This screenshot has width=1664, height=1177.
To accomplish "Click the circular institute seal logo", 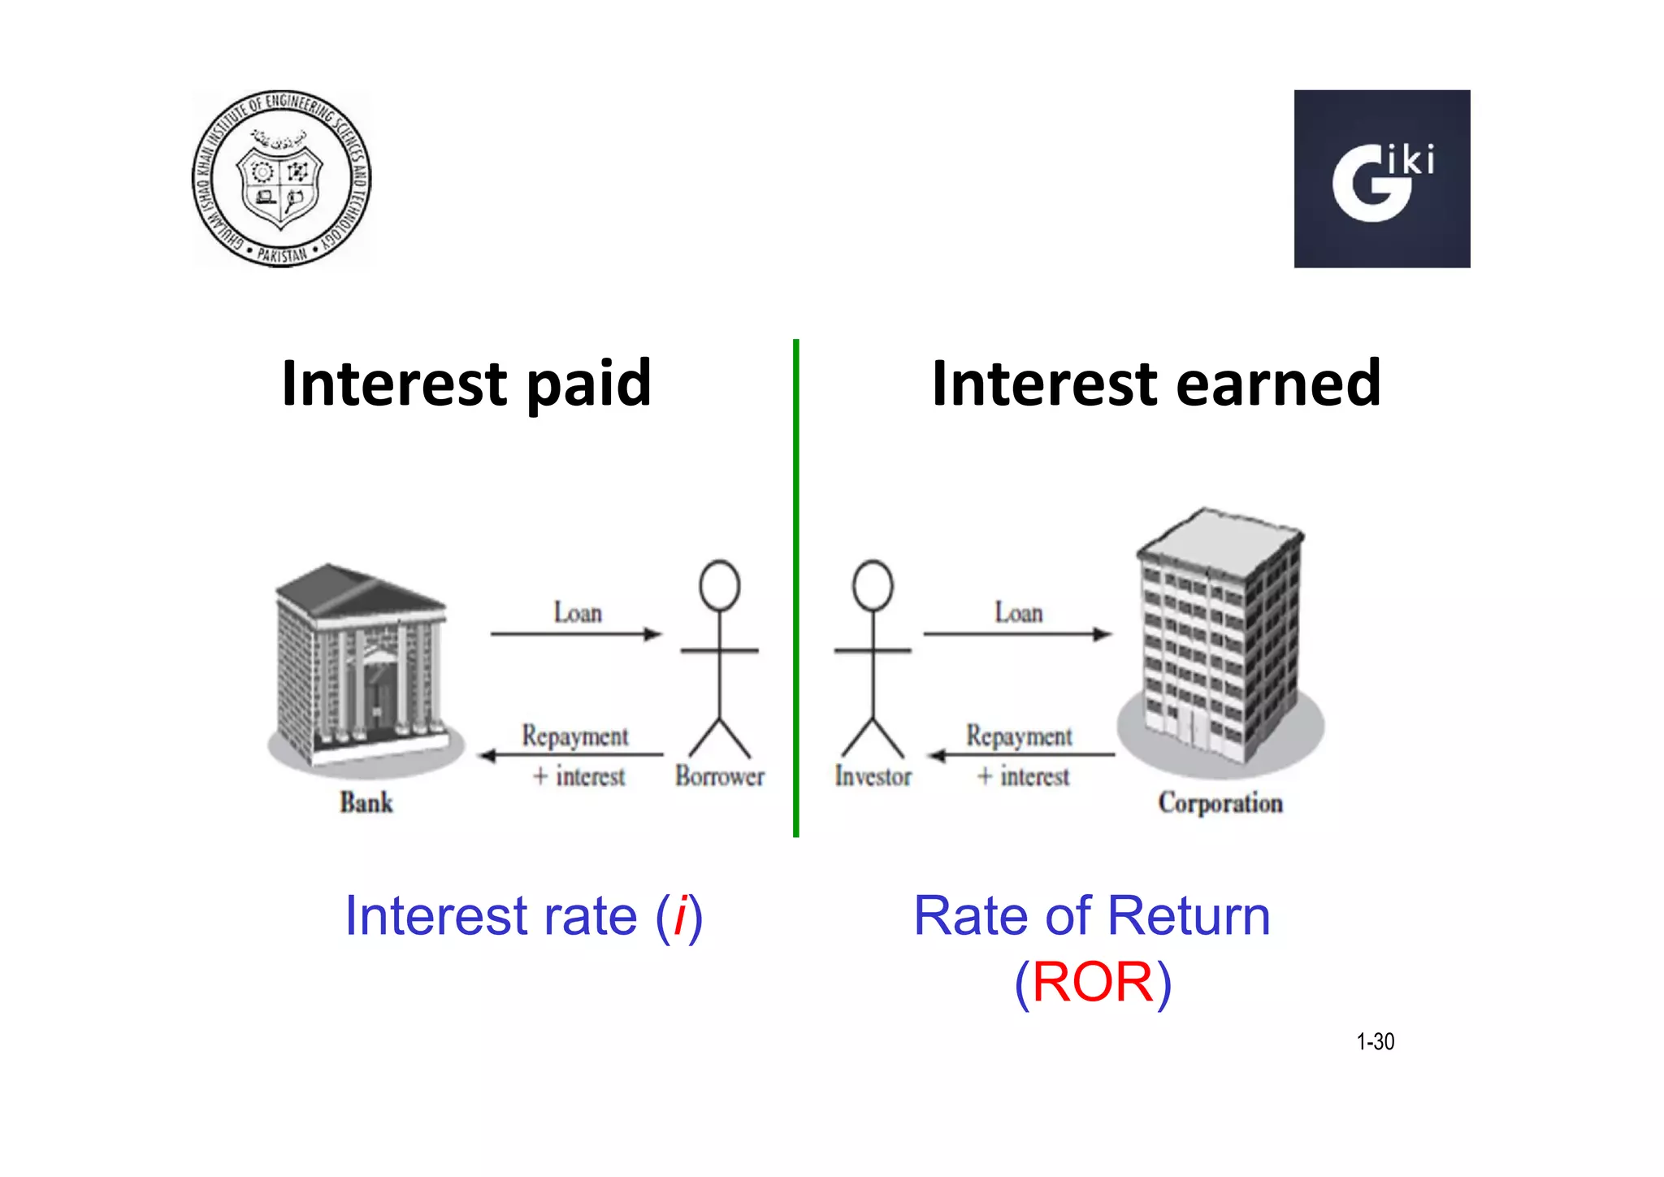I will [x=281, y=179].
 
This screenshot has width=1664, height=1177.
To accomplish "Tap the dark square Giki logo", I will [x=1381, y=179].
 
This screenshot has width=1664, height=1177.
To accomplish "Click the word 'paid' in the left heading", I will [x=588, y=384].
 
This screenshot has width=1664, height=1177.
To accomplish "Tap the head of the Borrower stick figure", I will [x=719, y=585].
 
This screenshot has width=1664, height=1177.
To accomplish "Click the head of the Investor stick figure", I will [x=873, y=585].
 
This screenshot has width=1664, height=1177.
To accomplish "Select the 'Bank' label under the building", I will [x=366, y=803].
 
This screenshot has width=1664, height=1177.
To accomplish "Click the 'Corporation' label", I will [x=1220, y=803].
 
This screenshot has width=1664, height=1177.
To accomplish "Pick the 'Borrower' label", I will [x=719, y=776].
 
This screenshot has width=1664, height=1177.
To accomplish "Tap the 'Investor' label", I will [x=873, y=776].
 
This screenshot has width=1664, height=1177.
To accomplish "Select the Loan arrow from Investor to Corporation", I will [x=1017, y=633].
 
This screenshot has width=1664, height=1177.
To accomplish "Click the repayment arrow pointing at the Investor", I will [x=1021, y=755].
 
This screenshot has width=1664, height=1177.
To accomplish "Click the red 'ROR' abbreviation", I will [x=1093, y=982].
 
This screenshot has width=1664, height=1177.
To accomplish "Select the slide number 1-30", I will [x=1375, y=1041].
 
